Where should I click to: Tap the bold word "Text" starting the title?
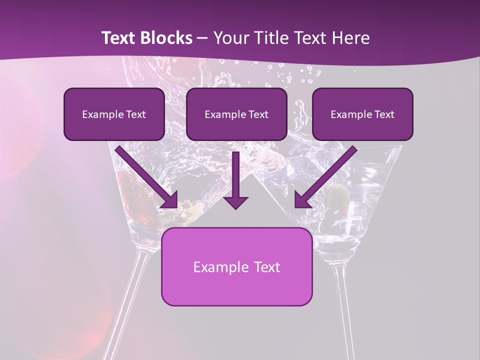tap(119, 38)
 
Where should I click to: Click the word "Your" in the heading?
tap(229, 38)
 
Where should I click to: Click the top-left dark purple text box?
tap(114, 114)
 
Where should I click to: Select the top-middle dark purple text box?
tap(236, 114)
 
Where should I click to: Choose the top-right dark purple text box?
tap(362, 114)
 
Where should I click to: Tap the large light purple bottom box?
tap(236, 266)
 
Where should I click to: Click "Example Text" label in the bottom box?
tap(236, 267)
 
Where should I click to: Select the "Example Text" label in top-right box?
tap(362, 114)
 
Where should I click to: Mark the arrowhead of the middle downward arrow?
tap(236, 201)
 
